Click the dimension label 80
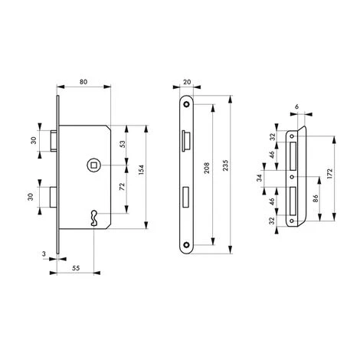point(83,82)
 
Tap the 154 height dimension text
point(141,170)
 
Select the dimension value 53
point(123,144)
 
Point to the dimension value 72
point(123,186)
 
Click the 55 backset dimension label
point(76,268)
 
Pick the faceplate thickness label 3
point(44,254)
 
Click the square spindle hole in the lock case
point(93,165)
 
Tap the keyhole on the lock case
point(93,218)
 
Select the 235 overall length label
point(225,165)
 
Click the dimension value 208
point(207,168)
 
